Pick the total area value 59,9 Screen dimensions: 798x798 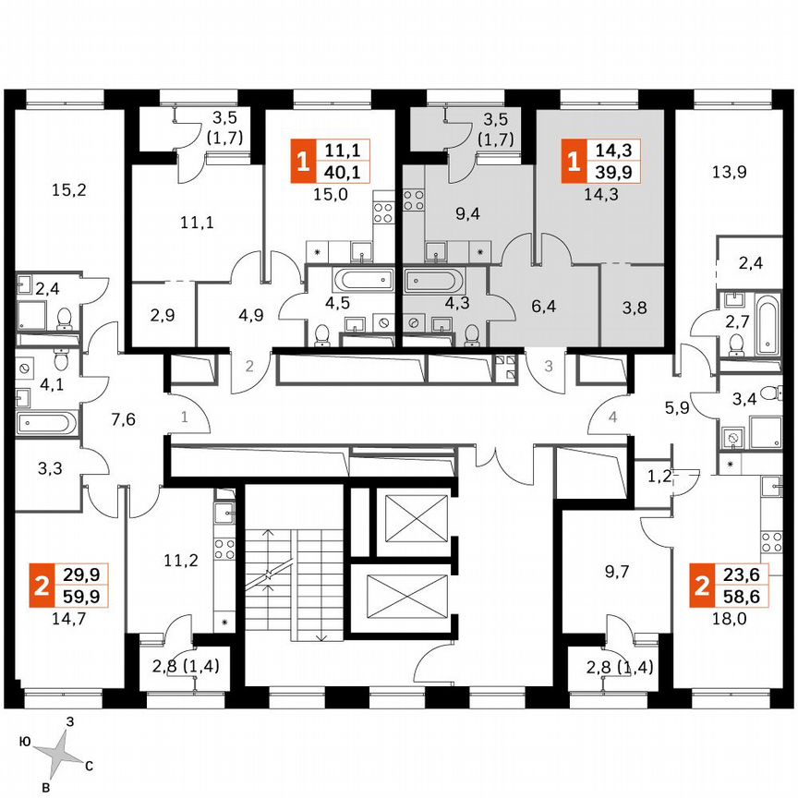[81, 595]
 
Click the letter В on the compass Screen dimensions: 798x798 [45, 785]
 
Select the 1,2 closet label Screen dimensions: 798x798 [659, 478]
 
